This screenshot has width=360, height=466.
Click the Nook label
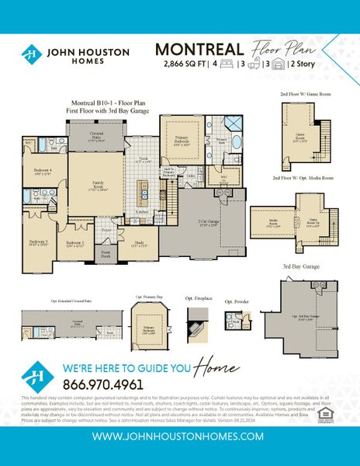[x=142, y=160]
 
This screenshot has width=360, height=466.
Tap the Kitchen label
[x=142, y=211]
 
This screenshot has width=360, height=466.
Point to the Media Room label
[x=272, y=221]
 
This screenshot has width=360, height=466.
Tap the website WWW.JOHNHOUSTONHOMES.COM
[x=180, y=437]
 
